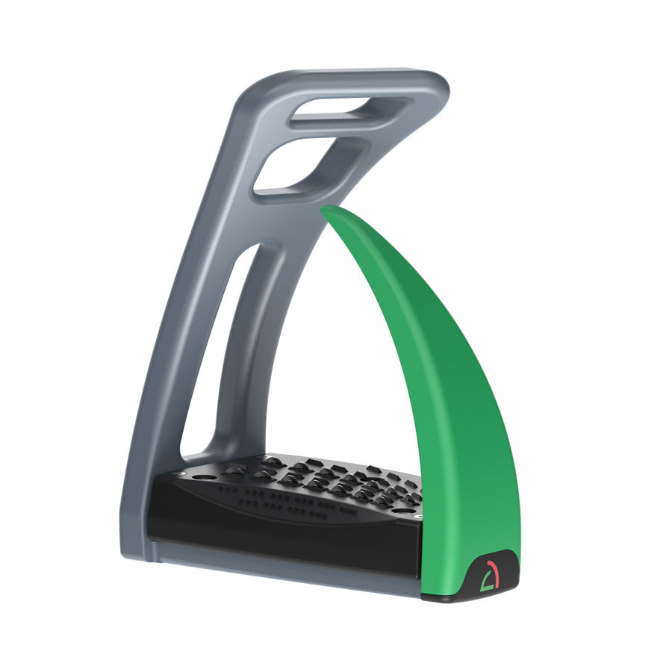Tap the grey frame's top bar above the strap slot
coord(351,84)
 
